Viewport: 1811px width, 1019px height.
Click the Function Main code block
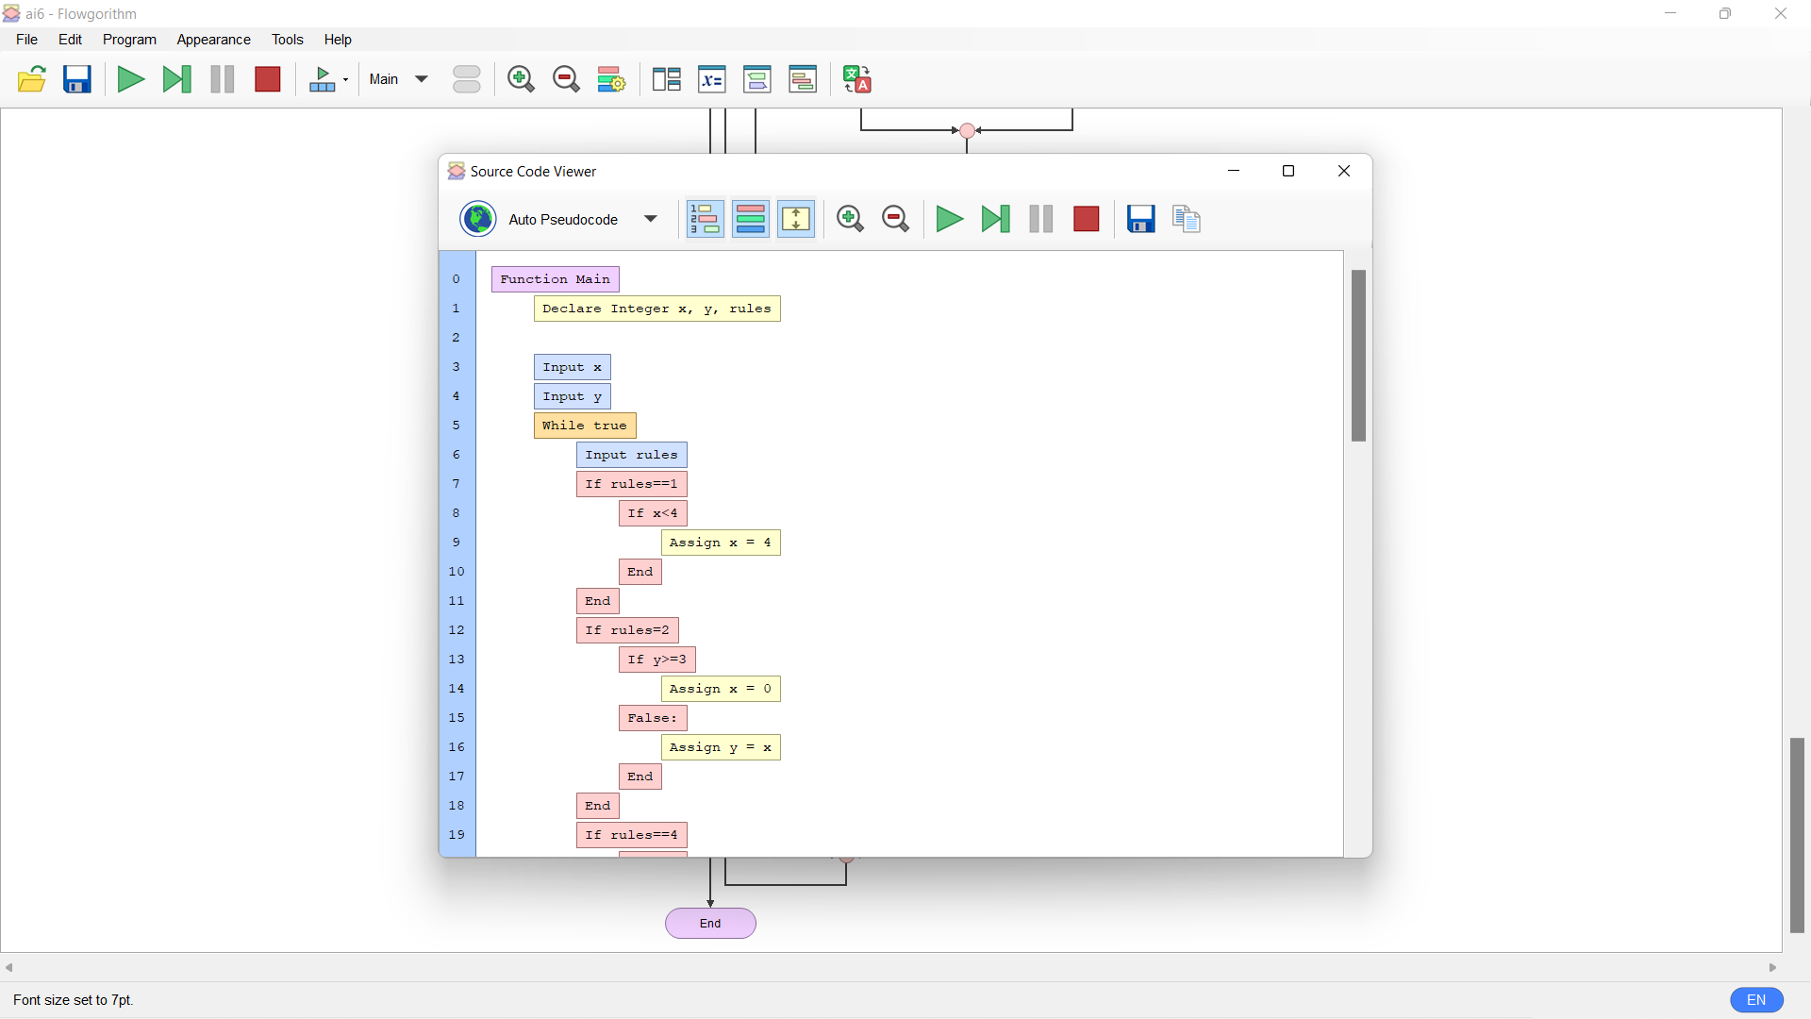[x=555, y=279]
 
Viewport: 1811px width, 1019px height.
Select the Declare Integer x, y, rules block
[x=656, y=309]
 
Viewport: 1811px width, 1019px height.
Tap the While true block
[x=585, y=426]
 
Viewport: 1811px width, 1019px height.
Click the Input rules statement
[x=632, y=455]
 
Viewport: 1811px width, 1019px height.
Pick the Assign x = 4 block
[x=721, y=543]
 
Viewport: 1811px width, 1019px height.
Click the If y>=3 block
[x=657, y=660]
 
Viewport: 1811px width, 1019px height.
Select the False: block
[x=653, y=718]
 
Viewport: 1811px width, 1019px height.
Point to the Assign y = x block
[x=721, y=747]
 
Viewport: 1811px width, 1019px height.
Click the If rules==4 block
[x=632, y=835]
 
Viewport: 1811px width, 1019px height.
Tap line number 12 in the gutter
[x=457, y=630]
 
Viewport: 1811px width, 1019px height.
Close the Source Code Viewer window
[x=1344, y=171]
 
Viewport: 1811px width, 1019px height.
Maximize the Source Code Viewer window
[x=1288, y=171]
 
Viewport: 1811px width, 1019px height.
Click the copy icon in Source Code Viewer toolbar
[x=1187, y=219]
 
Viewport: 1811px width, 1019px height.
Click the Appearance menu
[x=213, y=40]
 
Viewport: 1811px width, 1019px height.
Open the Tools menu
[x=287, y=40]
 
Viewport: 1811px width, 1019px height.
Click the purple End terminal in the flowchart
[x=710, y=924]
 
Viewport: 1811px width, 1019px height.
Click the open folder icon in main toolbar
[x=32, y=79]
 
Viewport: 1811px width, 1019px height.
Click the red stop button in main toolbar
[x=268, y=79]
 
